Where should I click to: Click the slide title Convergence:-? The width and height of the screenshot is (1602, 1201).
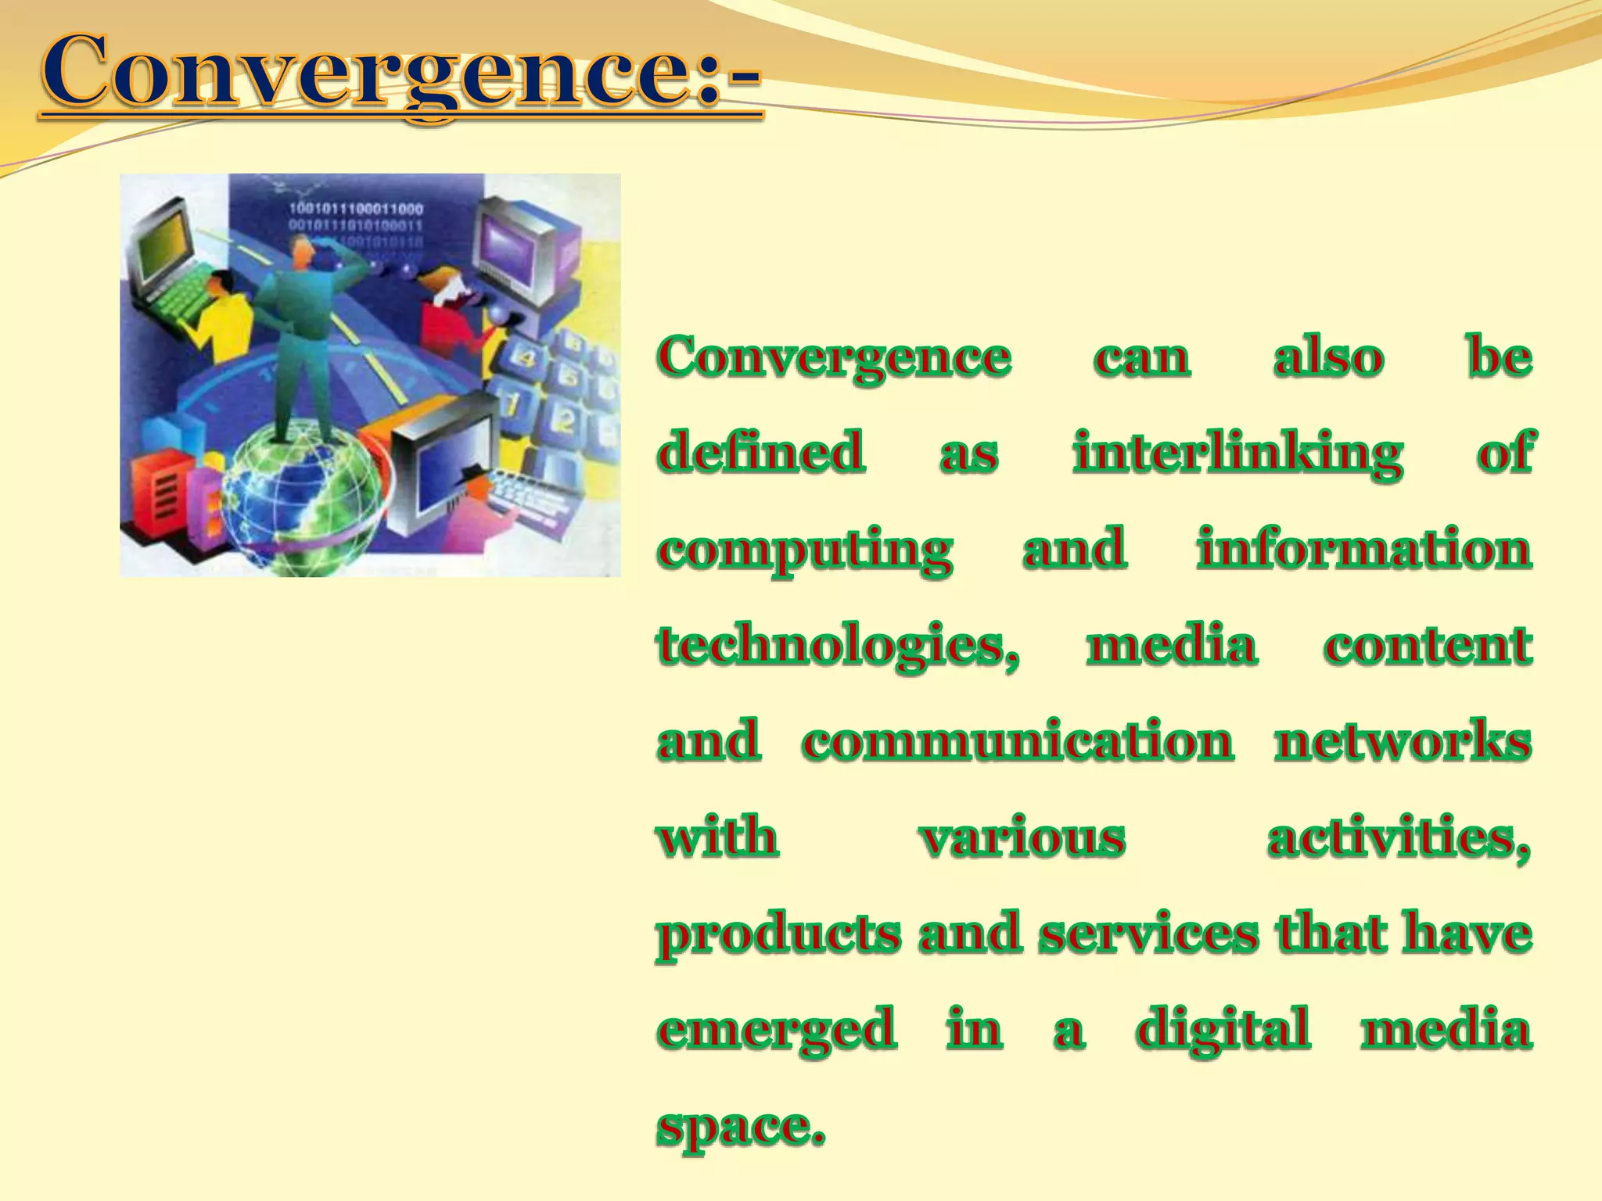tap(400, 74)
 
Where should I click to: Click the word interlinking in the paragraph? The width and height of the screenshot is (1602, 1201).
tap(1237, 454)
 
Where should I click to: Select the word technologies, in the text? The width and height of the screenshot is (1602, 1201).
tap(838, 647)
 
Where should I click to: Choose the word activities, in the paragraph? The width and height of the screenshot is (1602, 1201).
tap(1398, 838)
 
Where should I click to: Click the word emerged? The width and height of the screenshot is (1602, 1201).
tap(776, 1030)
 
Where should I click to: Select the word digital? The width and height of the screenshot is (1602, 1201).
tap(1223, 1030)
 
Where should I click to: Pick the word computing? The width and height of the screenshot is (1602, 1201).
tap(805, 550)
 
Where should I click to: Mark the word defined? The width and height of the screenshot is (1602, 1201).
tap(760, 454)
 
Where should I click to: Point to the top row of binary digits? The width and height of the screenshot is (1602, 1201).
tap(356, 209)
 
